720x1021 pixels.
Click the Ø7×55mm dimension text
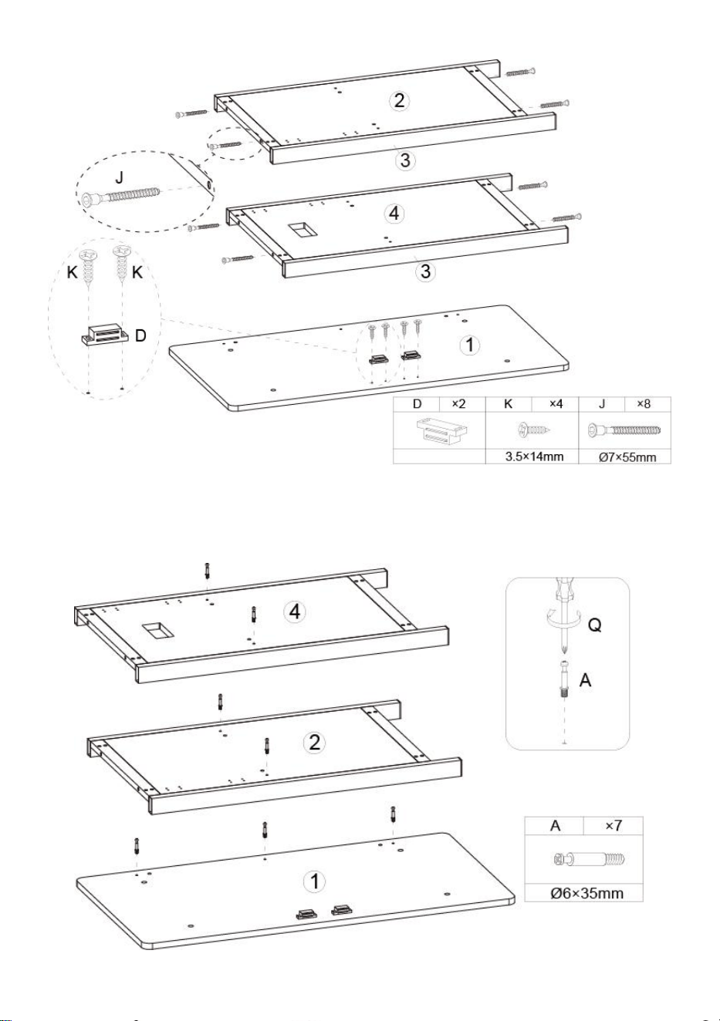[x=627, y=457]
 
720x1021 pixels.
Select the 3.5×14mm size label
[x=534, y=457]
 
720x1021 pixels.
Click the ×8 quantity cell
[x=644, y=404]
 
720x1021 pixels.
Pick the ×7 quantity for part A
[x=613, y=825]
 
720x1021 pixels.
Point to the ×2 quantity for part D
[x=458, y=404]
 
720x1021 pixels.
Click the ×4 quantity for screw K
[x=556, y=404]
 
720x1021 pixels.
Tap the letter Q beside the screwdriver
[x=594, y=625]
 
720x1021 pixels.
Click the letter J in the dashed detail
[x=120, y=177]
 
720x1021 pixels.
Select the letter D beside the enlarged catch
[x=140, y=335]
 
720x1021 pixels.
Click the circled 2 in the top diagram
[x=399, y=100]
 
